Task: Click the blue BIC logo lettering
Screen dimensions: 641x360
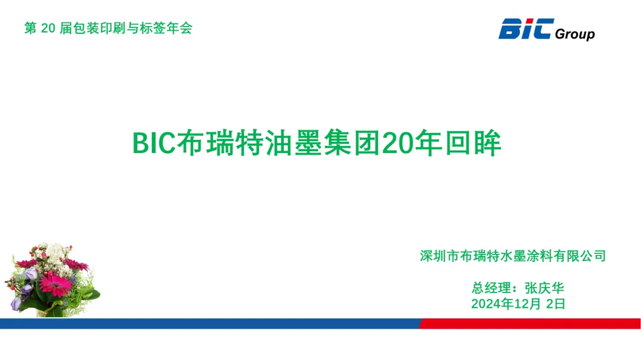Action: point(526,28)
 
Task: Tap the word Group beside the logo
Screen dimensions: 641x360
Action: point(575,34)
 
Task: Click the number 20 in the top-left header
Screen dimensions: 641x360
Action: point(48,28)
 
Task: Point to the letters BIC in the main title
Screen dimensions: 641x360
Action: point(154,143)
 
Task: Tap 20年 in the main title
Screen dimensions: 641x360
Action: point(412,143)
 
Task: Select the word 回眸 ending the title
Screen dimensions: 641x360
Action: point(474,143)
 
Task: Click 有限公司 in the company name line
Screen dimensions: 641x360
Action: point(580,256)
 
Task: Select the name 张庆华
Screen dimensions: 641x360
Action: point(544,288)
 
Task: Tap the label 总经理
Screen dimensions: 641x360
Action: point(491,288)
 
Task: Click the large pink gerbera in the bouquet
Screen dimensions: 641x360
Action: point(55,283)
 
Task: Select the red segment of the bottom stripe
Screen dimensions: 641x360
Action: point(530,324)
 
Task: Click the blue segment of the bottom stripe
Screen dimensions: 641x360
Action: point(210,324)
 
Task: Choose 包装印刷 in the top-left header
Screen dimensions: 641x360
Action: point(100,28)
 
